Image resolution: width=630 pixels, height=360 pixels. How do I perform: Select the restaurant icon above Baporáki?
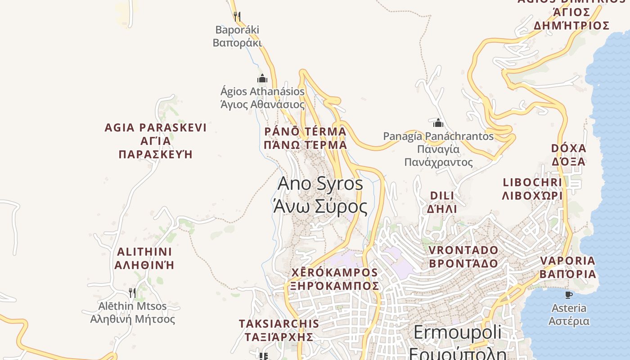click(237, 17)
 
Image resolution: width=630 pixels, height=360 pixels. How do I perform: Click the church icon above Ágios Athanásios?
click(262, 79)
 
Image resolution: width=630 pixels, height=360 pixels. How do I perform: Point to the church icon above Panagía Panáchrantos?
click(438, 123)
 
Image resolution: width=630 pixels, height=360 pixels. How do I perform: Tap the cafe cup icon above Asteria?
click(569, 295)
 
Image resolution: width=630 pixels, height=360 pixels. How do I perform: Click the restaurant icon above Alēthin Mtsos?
click(132, 293)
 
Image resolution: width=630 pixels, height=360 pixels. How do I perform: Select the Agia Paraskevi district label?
click(156, 141)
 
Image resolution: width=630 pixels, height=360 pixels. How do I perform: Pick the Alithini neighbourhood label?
click(144, 258)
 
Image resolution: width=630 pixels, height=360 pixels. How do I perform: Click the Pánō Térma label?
click(306, 138)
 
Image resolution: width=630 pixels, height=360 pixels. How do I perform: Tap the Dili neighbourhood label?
click(442, 202)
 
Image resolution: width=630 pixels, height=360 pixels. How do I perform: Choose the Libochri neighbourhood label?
click(533, 189)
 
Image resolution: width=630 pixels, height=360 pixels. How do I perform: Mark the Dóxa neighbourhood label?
click(569, 155)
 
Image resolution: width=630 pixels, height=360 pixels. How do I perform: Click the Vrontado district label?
click(463, 256)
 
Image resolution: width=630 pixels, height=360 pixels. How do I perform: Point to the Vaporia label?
click(568, 267)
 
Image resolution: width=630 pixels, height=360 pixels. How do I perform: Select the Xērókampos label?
click(335, 279)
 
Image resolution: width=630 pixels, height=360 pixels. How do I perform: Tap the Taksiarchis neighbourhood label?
click(279, 330)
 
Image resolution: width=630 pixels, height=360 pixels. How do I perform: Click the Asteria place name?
click(569, 315)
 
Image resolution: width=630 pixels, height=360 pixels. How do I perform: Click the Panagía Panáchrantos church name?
click(438, 149)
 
